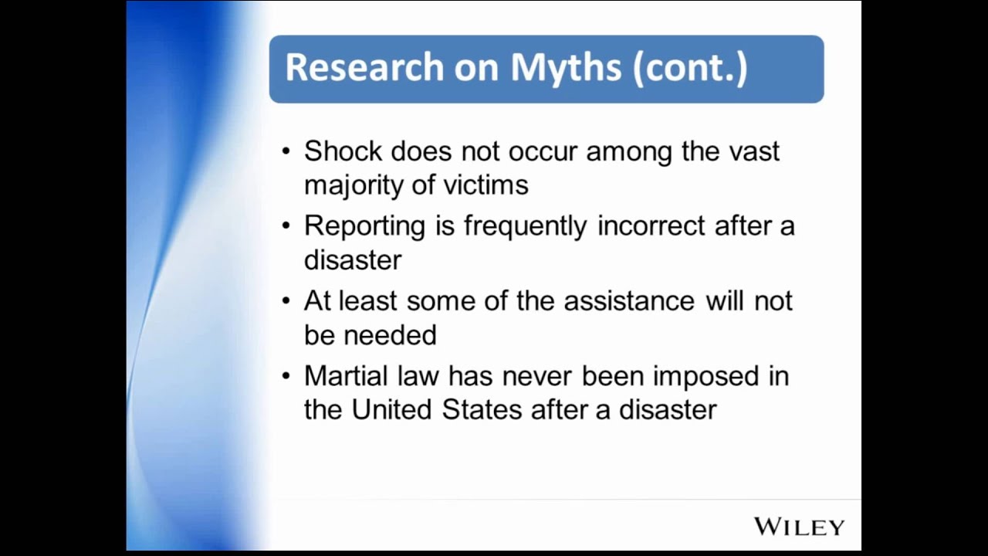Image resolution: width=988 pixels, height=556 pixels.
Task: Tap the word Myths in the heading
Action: point(566,68)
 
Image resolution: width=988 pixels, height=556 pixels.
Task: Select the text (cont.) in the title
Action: point(690,68)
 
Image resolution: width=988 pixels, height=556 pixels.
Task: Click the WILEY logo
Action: point(799,527)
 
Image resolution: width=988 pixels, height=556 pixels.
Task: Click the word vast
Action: point(754,151)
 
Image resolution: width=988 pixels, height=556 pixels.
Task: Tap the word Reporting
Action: point(364,226)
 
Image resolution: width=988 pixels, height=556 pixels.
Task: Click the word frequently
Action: point(524,226)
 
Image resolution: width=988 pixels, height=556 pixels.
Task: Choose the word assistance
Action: point(629,301)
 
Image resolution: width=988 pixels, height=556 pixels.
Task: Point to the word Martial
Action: point(346,376)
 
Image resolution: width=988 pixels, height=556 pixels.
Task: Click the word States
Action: point(482,410)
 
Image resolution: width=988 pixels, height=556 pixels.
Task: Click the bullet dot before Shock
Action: point(286,151)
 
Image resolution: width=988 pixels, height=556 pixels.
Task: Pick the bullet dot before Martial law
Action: point(286,376)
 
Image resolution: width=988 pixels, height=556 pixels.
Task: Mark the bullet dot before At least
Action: point(286,301)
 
